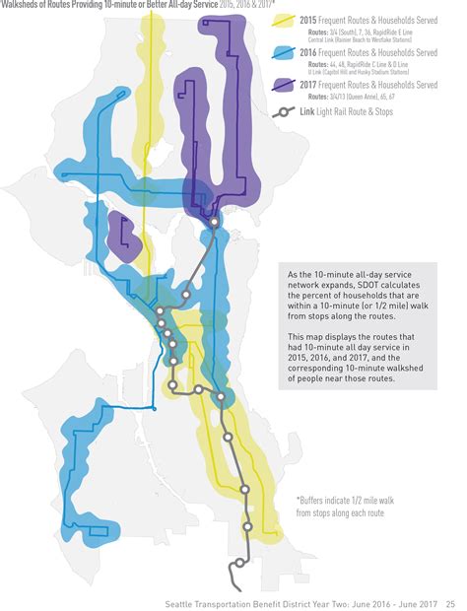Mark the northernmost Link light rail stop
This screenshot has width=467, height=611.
pyautogui.click(x=214, y=222)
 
